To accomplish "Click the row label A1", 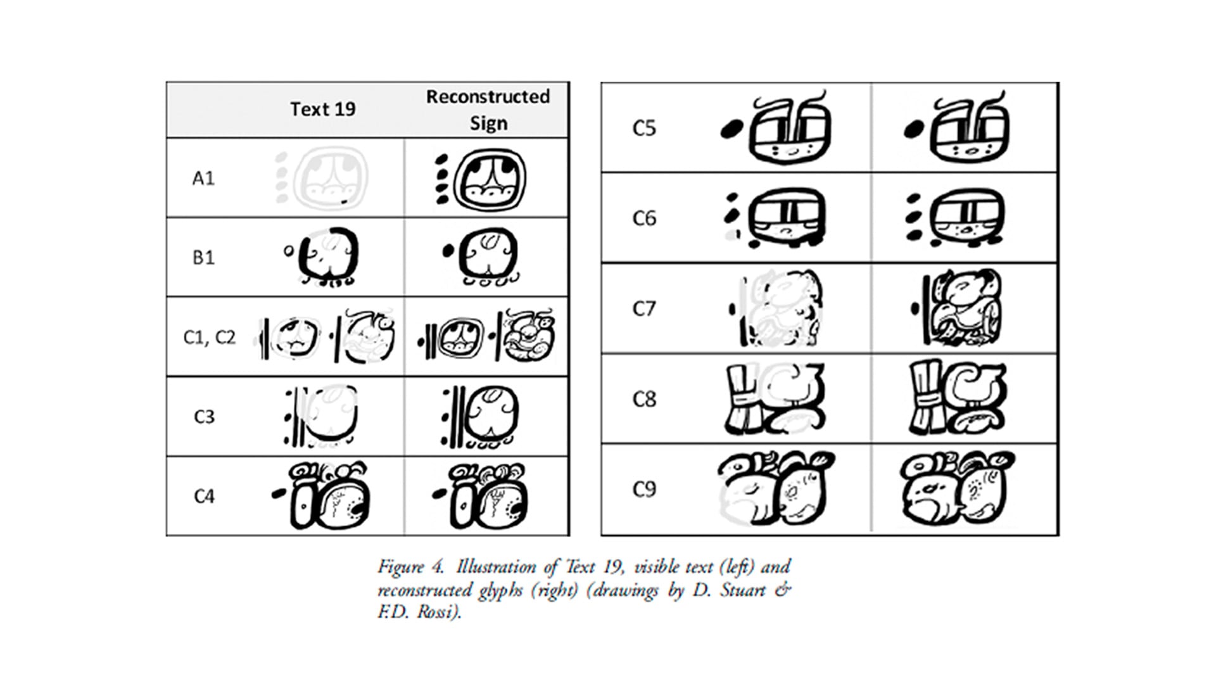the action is (203, 178).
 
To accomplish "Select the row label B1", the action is (203, 257).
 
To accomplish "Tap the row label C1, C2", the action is (209, 338).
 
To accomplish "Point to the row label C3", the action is (204, 417).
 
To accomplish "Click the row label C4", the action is (204, 496).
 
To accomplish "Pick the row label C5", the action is (644, 128).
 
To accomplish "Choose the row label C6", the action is (644, 218).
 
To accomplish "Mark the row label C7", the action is (644, 308).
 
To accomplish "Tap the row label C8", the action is (644, 399).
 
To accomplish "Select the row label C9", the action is (644, 489).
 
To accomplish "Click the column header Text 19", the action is (323, 109).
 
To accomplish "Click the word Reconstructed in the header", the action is (488, 96).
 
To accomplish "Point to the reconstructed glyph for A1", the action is (481, 179).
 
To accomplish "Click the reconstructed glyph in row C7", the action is (957, 308).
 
